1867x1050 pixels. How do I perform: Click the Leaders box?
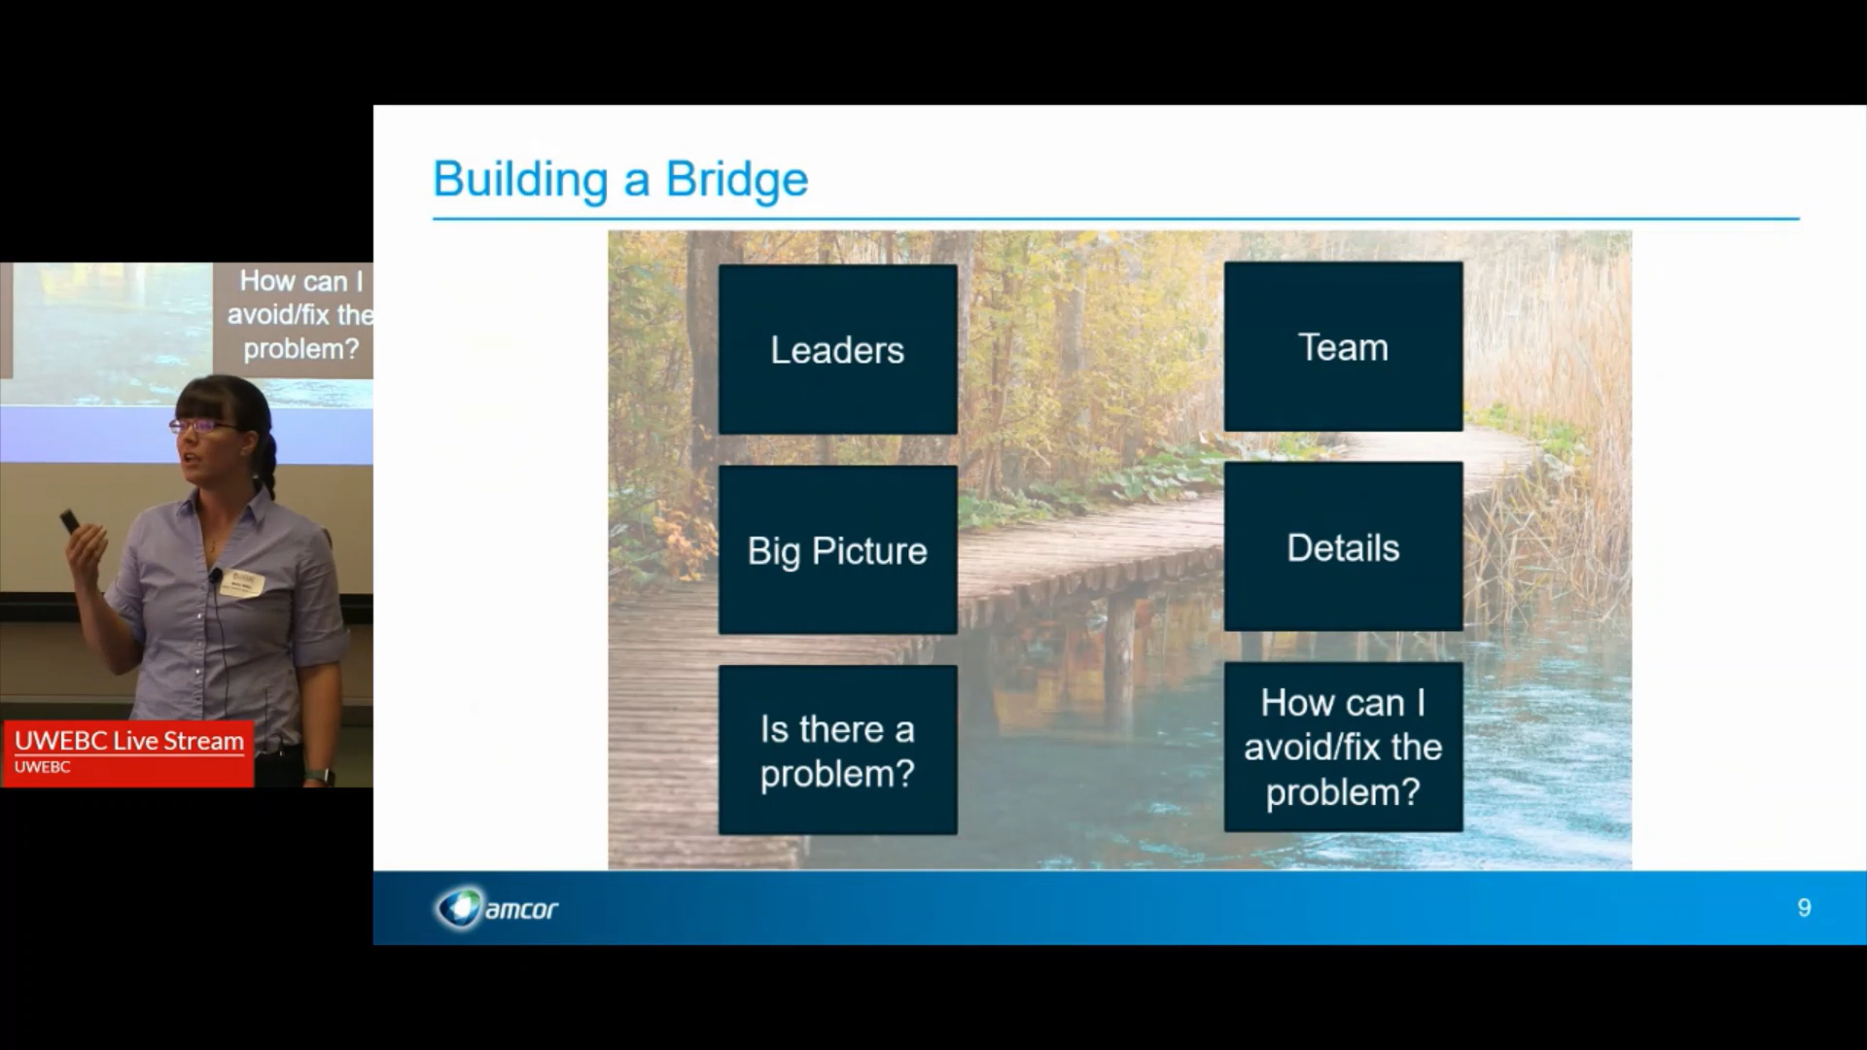click(837, 350)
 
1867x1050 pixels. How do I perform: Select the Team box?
click(1343, 347)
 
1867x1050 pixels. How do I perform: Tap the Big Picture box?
click(837, 550)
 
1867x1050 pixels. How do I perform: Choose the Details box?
click(1343, 547)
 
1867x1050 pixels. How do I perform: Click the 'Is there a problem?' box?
click(837, 751)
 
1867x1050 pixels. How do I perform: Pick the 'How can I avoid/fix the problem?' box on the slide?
click(1343, 747)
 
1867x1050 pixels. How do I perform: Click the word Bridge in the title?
click(736, 180)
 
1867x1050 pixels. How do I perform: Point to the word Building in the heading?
click(520, 180)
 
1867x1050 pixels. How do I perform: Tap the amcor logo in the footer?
click(497, 908)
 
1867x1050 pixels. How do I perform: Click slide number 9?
click(1804, 908)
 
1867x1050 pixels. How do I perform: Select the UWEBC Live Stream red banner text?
click(129, 741)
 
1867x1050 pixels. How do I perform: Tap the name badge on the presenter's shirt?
click(242, 582)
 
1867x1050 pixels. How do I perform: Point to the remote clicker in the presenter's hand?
click(70, 522)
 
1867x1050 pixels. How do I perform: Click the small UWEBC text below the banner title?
click(42, 767)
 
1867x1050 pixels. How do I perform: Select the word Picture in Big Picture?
click(869, 551)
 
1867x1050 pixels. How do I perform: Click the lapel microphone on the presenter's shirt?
click(215, 576)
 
